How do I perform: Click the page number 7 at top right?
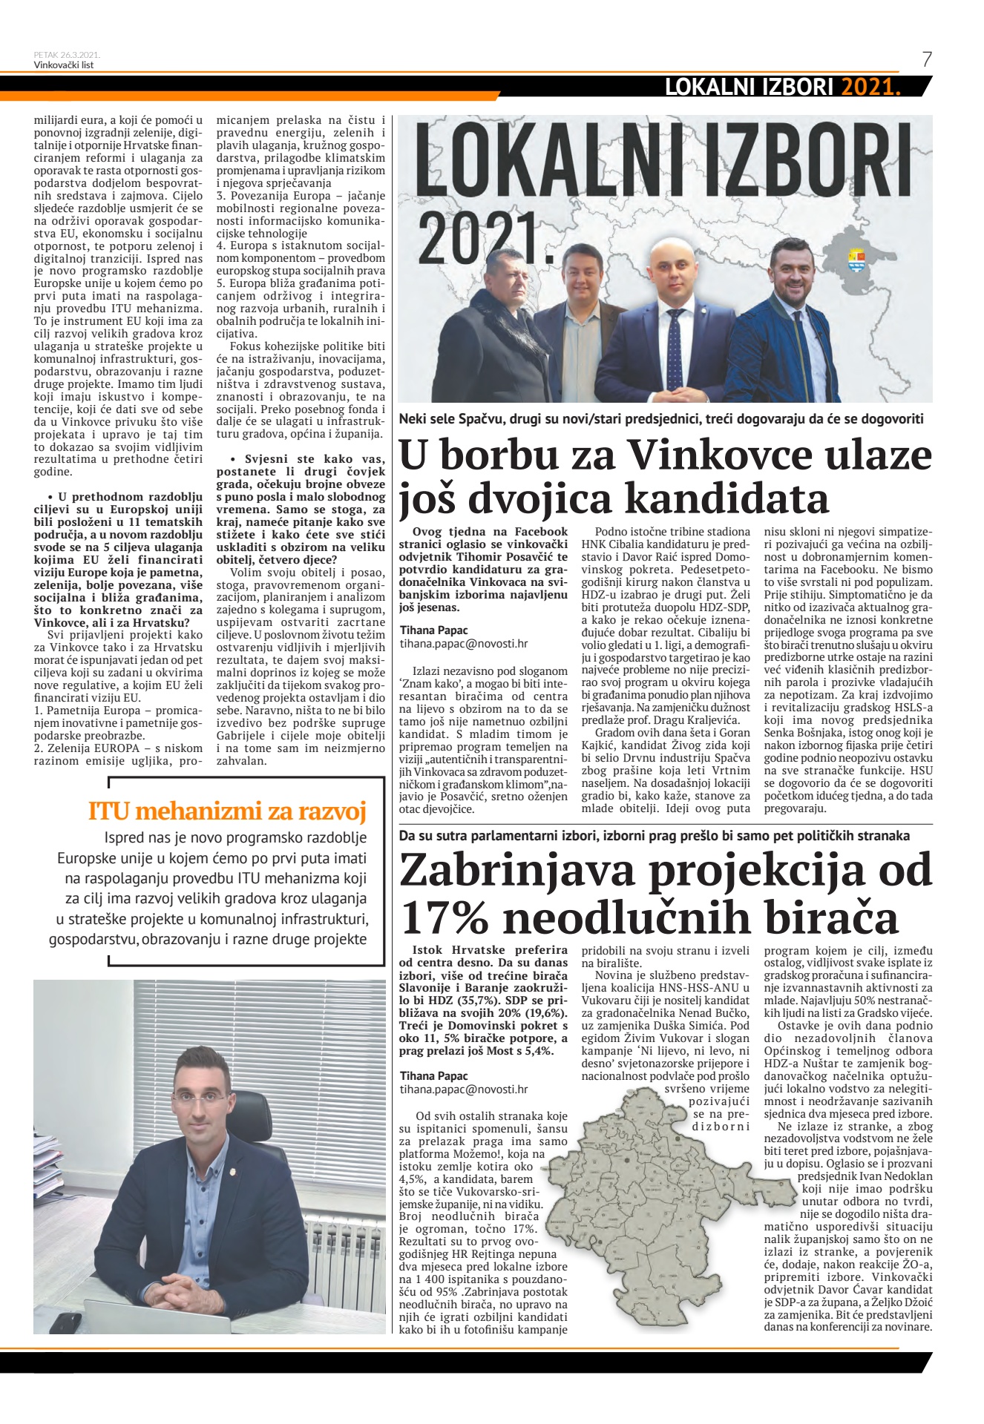click(926, 59)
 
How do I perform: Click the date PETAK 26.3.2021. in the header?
click(67, 55)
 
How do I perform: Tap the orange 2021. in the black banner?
click(870, 88)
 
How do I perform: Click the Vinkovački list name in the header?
click(63, 65)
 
